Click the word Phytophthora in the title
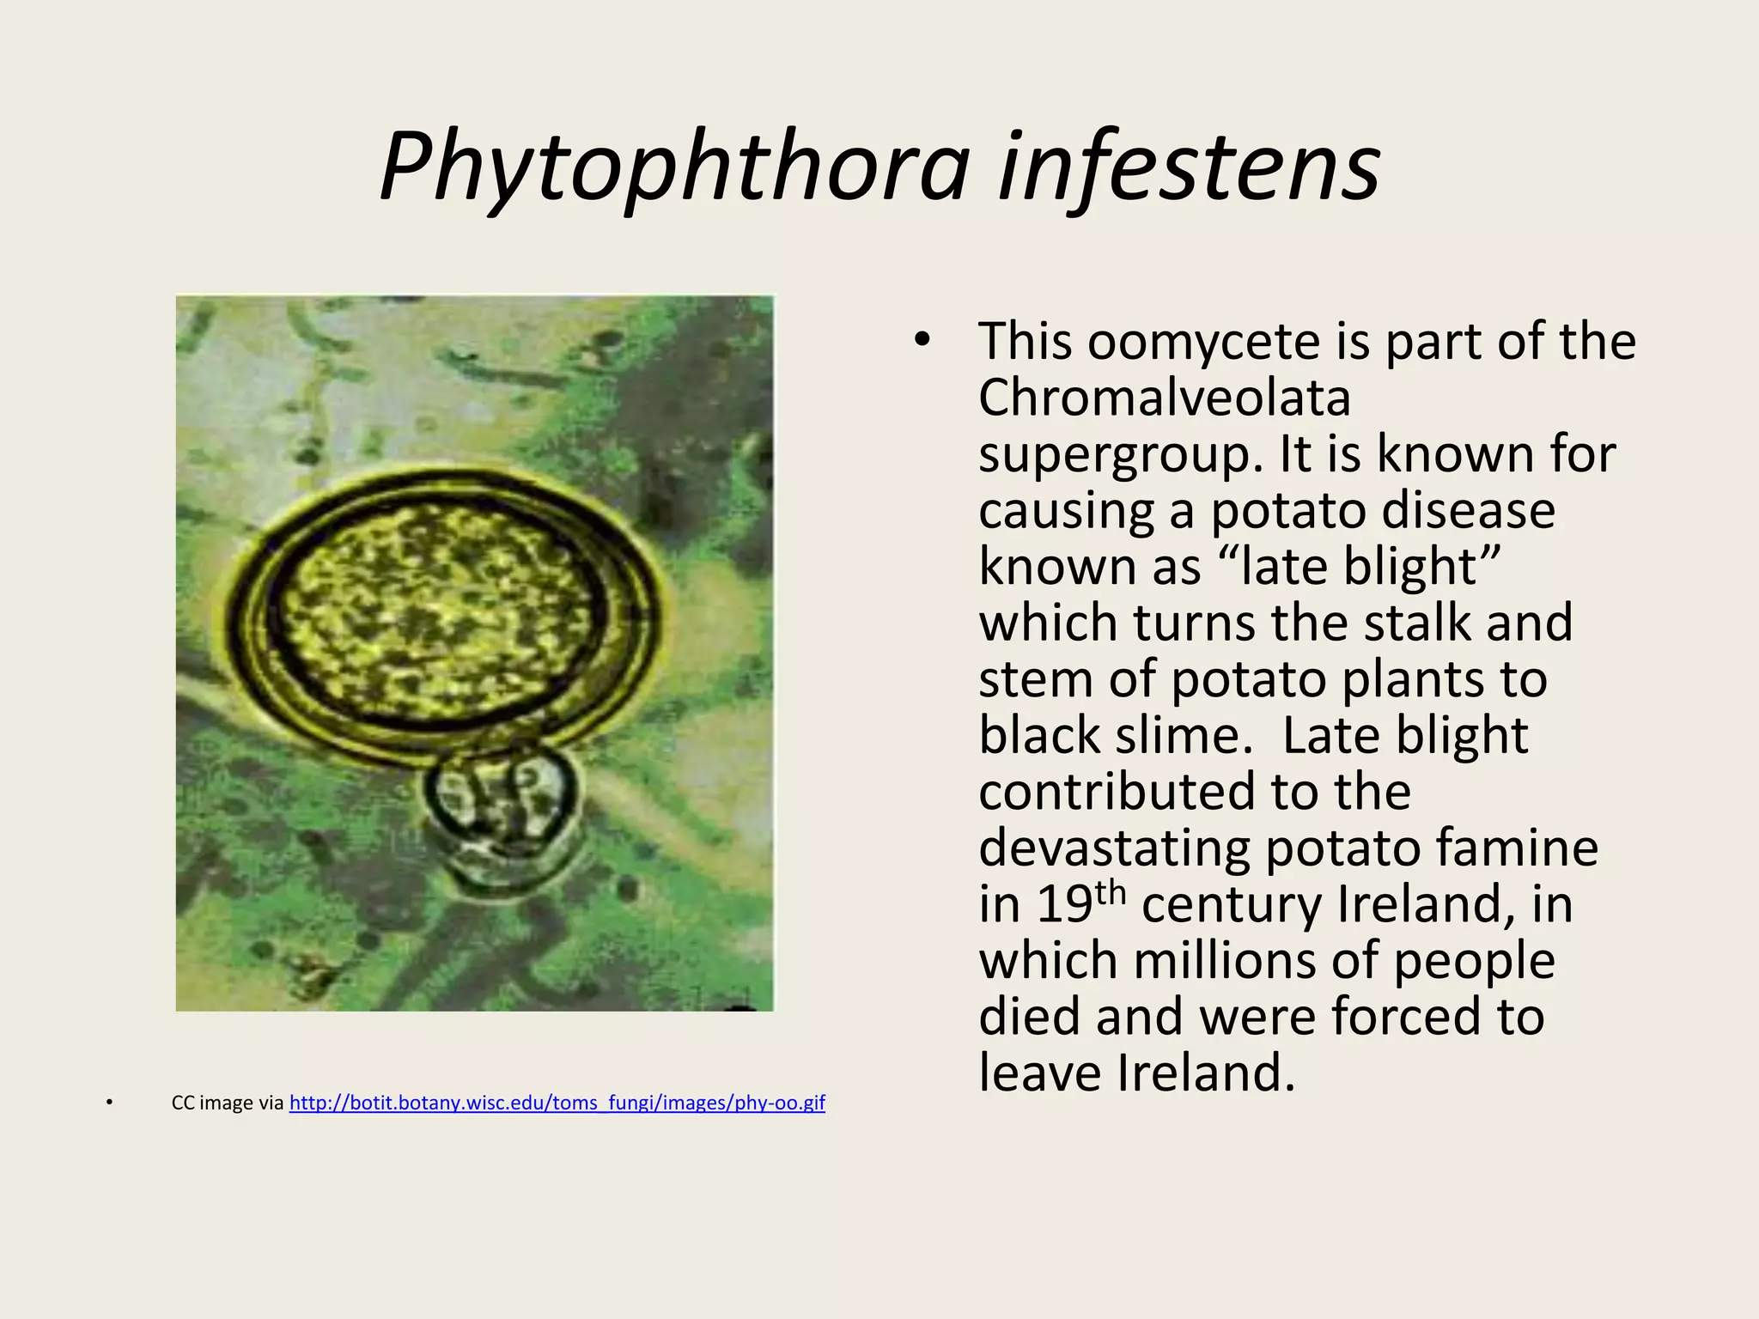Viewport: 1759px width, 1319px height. coord(674,167)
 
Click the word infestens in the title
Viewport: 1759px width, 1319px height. coord(1190,167)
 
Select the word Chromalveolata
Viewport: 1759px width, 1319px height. coord(1164,398)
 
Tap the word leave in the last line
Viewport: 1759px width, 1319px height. coord(1040,1073)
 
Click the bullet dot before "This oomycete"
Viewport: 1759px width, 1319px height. coord(922,340)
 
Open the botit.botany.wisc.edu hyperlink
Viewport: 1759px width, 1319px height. coord(557,1103)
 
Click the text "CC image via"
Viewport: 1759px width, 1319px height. coord(228,1103)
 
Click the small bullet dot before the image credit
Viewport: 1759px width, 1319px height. coord(109,1103)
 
